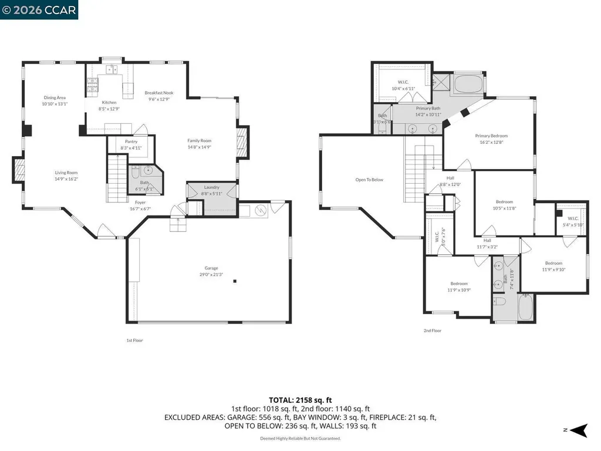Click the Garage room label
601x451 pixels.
coord(211,267)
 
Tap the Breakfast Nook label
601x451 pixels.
coord(159,93)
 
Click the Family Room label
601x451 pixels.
coord(199,140)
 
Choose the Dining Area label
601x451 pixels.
coord(54,97)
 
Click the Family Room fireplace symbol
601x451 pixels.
coord(241,142)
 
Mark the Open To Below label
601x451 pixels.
coord(369,180)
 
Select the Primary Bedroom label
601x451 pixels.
coord(491,136)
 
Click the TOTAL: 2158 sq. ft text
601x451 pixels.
coord(300,400)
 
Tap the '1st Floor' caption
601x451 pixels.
coord(134,341)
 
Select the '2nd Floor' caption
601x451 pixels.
coord(433,331)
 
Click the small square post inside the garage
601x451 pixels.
coord(235,281)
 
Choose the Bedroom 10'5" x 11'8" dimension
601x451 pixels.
coord(504,208)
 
